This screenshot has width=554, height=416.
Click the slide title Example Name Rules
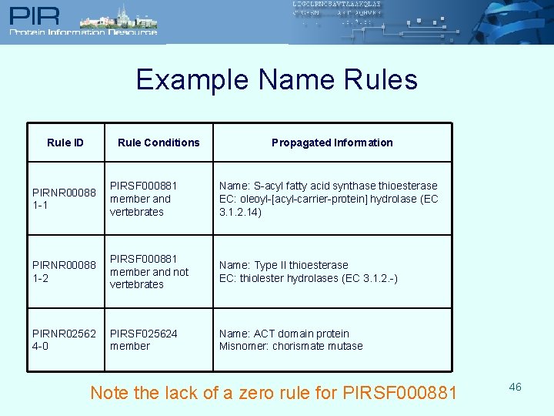click(x=277, y=79)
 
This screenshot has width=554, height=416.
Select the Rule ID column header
click(x=65, y=143)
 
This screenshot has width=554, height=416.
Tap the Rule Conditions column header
click(x=159, y=143)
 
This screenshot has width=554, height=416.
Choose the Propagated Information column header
click(x=332, y=143)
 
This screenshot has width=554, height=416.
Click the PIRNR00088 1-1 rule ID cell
click(x=65, y=199)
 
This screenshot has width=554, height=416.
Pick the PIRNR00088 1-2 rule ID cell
click(x=65, y=271)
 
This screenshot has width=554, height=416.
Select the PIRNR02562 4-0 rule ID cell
click(x=65, y=340)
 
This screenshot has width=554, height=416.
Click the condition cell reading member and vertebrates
click(x=144, y=199)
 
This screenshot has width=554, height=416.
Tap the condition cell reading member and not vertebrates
click(x=149, y=271)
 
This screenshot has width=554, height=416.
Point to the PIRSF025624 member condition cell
click(x=144, y=340)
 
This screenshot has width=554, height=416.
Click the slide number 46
click(x=515, y=387)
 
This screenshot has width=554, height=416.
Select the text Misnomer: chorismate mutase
click(x=291, y=346)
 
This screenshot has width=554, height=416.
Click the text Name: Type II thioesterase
click(x=283, y=265)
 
